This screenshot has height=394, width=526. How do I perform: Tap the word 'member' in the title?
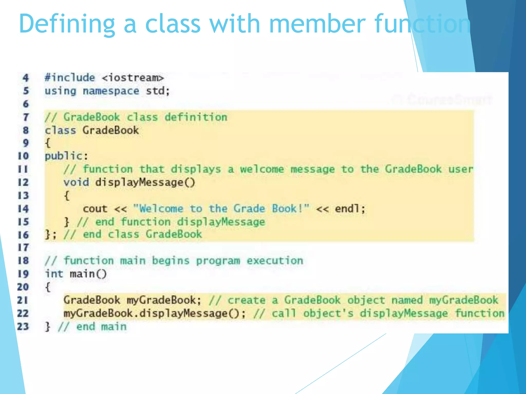click(x=317, y=24)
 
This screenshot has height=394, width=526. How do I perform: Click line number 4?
click(x=25, y=78)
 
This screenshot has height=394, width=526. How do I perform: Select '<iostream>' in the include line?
click(x=133, y=78)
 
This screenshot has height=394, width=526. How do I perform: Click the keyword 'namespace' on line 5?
click(x=111, y=91)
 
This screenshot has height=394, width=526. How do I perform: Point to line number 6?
click(x=26, y=104)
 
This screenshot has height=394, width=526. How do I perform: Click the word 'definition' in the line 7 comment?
click(x=196, y=117)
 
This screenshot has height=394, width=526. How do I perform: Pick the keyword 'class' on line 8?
click(x=60, y=130)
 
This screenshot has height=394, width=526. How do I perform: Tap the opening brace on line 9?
click(x=48, y=143)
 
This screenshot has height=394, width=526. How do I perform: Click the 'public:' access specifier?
click(x=66, y=156)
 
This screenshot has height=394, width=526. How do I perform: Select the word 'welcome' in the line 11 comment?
click(x=262, y=169)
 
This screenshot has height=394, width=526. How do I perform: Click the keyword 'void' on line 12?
click(x=76, y=182)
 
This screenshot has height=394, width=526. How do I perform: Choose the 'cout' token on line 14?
click(x=95, y=209)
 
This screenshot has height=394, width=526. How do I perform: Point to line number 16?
click(x=23, y=235)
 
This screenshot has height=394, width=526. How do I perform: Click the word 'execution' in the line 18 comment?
click(x=275, y=261)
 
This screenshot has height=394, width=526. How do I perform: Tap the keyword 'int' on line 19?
click(x=54, y=274)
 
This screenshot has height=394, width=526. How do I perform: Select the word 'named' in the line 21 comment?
click(x=407, y=300)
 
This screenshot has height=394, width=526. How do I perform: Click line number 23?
click(x=23, y=327)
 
